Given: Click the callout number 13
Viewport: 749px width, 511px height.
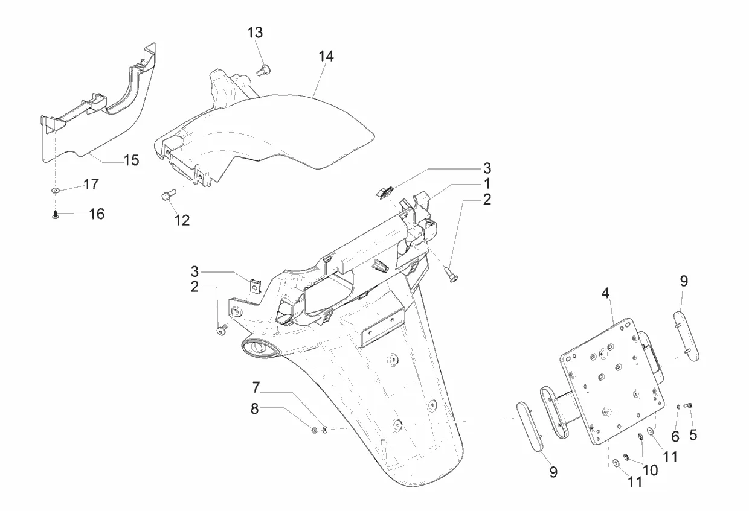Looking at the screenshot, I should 255,32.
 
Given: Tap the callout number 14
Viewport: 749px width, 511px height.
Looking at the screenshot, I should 326,56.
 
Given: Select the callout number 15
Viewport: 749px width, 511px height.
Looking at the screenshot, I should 131,160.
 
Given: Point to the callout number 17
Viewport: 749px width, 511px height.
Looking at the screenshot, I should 91,184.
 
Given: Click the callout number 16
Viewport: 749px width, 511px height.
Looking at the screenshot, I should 97,214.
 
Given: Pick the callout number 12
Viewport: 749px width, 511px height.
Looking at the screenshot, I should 182,220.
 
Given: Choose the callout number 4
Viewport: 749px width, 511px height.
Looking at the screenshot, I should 606,293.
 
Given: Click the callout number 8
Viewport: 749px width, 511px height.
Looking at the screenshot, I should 255,408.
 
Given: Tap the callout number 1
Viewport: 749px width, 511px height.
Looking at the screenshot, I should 486,183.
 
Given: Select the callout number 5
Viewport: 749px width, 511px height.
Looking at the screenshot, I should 693,433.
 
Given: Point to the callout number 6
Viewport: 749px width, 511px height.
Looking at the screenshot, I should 675,436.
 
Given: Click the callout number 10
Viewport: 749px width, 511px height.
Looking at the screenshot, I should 650,469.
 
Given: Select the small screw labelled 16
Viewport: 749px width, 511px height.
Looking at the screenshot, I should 56,214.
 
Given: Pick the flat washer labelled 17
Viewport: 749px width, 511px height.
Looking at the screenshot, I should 56,191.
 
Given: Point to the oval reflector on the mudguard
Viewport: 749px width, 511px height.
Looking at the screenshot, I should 259,348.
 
